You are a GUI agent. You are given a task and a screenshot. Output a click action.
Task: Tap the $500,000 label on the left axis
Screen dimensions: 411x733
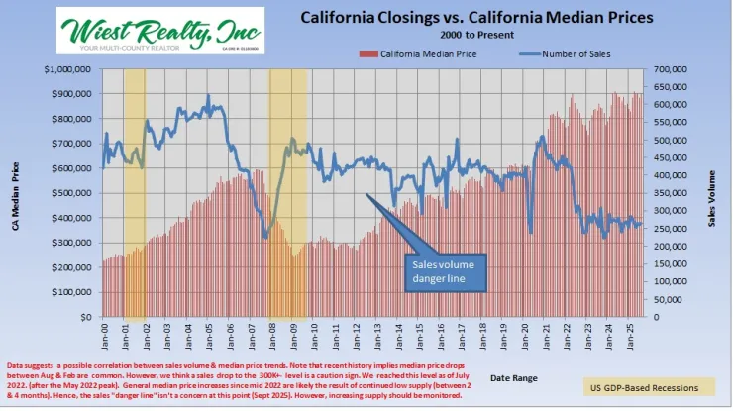tap(73, 193)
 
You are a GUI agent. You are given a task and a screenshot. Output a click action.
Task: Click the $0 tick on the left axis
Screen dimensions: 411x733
tap(87, 317)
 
